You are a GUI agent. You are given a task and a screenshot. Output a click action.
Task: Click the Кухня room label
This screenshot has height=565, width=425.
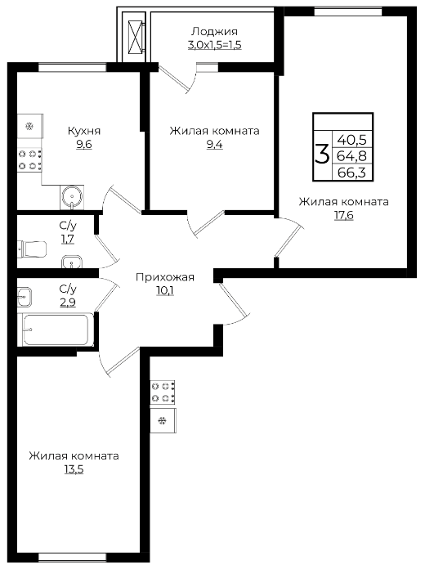pyautogui.click(x=84, y=131)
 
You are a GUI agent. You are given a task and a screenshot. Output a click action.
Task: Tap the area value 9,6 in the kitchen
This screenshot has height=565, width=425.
pyautogui.click(x=83, y=145)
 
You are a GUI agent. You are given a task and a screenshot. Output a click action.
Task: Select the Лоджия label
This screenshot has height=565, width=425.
pyautogui.click(x=214, y=32)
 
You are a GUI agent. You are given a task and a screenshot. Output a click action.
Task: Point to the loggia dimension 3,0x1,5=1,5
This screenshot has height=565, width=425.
pyautogui.click(x=214, y=46)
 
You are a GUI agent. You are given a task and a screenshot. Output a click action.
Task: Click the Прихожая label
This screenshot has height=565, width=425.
pyautogui.click(x=165, y=277)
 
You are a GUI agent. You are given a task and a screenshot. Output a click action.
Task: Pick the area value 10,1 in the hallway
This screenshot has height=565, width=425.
pyautogui.click(x=165, y=290)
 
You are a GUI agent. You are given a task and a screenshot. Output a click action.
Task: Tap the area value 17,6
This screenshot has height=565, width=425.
pyautogui.click(x=343, y=216)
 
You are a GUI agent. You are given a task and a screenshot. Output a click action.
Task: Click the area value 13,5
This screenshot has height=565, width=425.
pyautogui.click(x=74, y=469)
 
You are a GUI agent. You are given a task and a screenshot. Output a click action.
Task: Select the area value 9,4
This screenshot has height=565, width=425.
pyautogui.click(x=214, y=145)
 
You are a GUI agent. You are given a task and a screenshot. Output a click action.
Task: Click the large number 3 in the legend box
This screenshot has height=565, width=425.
pyautogui.click(x=322, y=154)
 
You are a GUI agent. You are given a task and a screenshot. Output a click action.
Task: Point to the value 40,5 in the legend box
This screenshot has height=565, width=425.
pyautogui.click(x=351, y=139)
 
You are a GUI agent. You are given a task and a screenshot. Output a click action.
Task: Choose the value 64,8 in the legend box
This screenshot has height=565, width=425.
pyautogui.click(x=351, y=155)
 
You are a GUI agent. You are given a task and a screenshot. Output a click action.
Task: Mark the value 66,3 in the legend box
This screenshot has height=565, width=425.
pyautogui.click(x=351, y=173)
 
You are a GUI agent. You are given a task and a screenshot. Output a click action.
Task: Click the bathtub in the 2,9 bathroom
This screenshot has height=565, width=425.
pyautogui.click(x=56, y=330)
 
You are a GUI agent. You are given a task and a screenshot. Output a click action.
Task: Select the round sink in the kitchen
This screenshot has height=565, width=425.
pyautogui.click(x=72, y=197)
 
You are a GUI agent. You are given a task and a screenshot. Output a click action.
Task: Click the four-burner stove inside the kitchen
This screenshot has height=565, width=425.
pyautogui.click(x=29, y=160)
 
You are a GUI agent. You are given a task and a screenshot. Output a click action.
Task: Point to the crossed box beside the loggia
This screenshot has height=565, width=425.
pyautogui.click(x=134, y=33)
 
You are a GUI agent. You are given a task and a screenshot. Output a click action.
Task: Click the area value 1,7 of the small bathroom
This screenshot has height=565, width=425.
pyautogui.click(x=68, y=240)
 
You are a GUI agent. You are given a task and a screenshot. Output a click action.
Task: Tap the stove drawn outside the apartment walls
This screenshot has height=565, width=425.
pyautogui.click(x=163, y=392)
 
